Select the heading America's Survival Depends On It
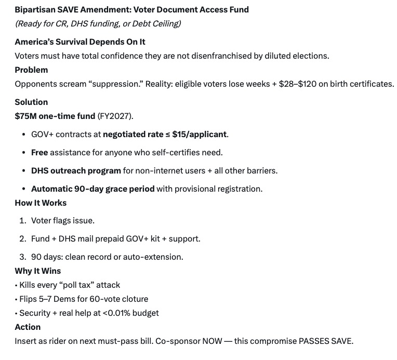coord(80,42)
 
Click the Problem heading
coord(31,70)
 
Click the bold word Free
coord(39,152)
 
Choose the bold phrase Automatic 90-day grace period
coord(92,189)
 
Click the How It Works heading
coord(41,203)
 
